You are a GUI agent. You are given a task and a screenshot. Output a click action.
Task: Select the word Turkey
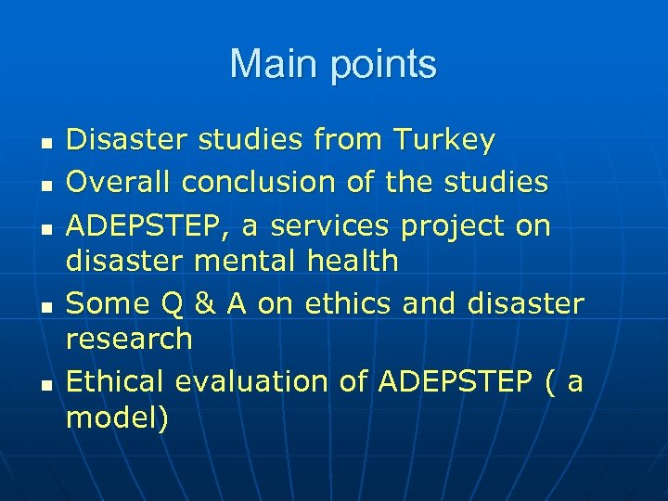444,141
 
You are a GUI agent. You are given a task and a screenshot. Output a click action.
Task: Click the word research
129,339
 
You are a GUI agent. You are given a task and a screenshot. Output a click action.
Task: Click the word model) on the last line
118,418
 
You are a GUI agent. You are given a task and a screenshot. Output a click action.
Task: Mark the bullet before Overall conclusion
45,185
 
